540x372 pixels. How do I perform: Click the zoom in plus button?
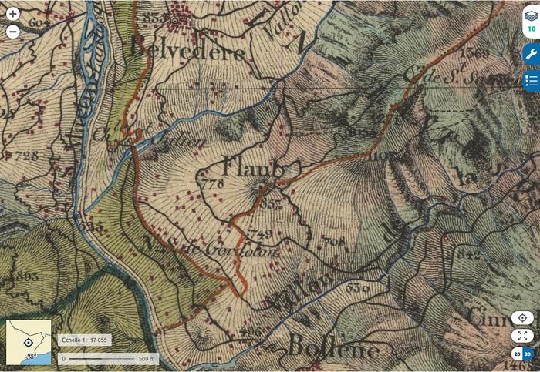click(12, 14)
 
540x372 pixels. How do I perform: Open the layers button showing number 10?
click(531, 21)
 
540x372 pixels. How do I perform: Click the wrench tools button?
click(531, 55)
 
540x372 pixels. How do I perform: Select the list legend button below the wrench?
click(531, 80)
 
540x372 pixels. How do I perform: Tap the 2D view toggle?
click(517, 354)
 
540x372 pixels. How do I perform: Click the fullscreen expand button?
click(522, 336)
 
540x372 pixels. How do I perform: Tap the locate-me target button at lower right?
click(522, 318)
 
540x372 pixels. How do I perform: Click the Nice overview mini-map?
click(29, 342)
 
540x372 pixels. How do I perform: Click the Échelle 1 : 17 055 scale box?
click(85, 340)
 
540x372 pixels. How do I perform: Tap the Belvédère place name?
click(188, 51)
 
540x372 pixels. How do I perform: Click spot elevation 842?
click(468, 253)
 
